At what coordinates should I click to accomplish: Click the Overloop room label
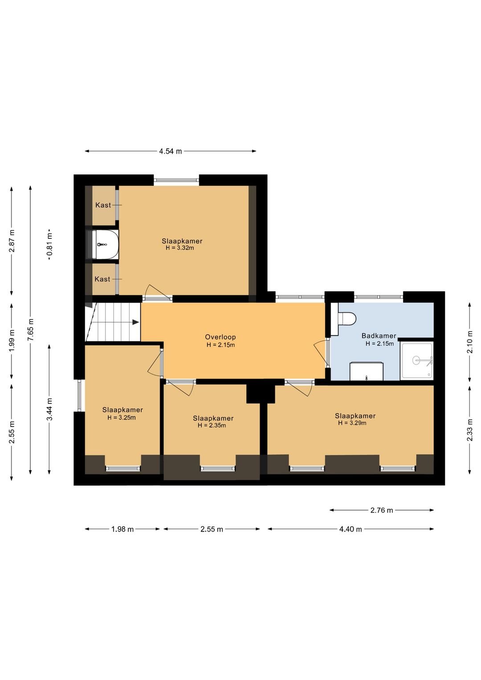[220, 337]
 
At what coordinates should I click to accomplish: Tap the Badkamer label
[379, 336]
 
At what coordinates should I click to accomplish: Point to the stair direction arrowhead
[136, 322]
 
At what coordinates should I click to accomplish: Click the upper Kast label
[103, 205]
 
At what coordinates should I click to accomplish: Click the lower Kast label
[102, 279]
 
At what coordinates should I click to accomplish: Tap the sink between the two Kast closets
[102, 244]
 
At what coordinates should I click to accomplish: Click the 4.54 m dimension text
[171, 151]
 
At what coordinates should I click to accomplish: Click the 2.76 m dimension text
[382, 510]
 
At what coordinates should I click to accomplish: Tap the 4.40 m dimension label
[351, 529]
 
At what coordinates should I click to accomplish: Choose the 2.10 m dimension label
[470, 342]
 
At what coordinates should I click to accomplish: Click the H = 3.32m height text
[180, 248]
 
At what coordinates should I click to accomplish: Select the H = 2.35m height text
[212, 425]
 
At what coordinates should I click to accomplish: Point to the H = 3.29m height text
[352, 423]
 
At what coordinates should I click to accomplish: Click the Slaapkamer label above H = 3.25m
[122, 410]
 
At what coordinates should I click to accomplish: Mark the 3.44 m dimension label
[49, 409]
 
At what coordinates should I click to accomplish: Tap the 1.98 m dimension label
[122, 529]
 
